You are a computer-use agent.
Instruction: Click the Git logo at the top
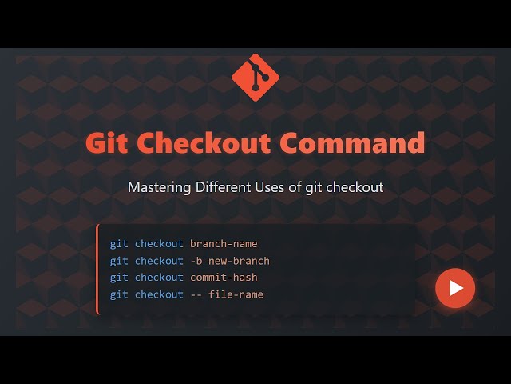point(255,77)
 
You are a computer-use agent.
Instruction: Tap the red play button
point(455,288)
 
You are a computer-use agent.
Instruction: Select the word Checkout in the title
point(204,143)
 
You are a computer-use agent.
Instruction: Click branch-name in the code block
point(224,243)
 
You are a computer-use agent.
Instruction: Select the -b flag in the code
point(196,261)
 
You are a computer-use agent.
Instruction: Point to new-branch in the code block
point(239,261)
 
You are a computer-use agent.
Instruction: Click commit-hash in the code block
point(224,278)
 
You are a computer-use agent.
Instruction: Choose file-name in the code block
point(236,294)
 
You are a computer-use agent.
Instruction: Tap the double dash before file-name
point(196,294)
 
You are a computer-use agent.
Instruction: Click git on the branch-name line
point(119,243)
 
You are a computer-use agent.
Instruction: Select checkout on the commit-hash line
point(159,278)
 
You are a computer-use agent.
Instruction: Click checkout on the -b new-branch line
point(159,261)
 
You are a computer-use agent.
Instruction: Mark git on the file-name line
point(119,294)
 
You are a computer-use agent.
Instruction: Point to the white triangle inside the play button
point(457,288)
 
